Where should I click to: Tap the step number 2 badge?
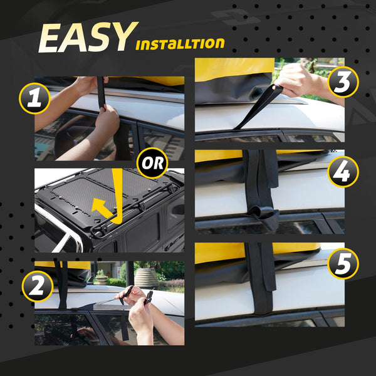(37, 286)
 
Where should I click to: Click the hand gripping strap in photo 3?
(298, 80)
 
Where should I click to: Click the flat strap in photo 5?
(261, 282)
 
